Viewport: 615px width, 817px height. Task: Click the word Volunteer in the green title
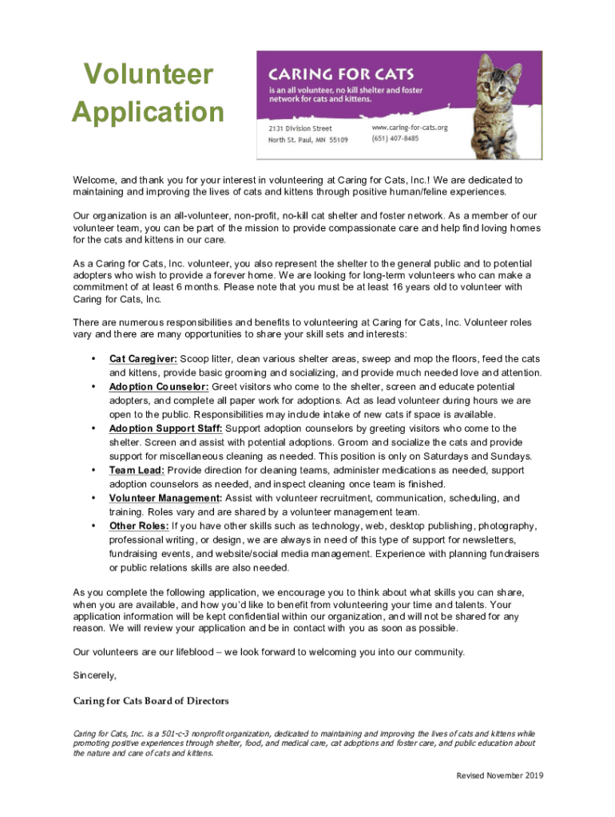click(149, 76)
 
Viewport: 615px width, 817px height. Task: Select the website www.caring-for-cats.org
click(410, 128)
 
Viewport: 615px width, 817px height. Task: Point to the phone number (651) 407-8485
click(395, 139)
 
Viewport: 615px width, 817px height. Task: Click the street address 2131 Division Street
click(300, 128)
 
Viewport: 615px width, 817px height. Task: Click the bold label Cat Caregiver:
click(143, 359)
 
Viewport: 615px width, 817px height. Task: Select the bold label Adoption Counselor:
click(159, 387)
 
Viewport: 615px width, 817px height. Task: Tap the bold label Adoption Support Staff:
click(167, 428)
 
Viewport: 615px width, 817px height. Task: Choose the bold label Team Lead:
click(137, 470)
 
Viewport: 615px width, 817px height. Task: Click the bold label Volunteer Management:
click(165, 499)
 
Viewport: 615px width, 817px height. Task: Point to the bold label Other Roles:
click(139, 526)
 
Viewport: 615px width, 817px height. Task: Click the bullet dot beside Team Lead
click(95, 470)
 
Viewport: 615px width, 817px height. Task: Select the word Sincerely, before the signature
click(94, 675)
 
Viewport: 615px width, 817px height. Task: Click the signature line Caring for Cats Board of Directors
click(150, 701)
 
